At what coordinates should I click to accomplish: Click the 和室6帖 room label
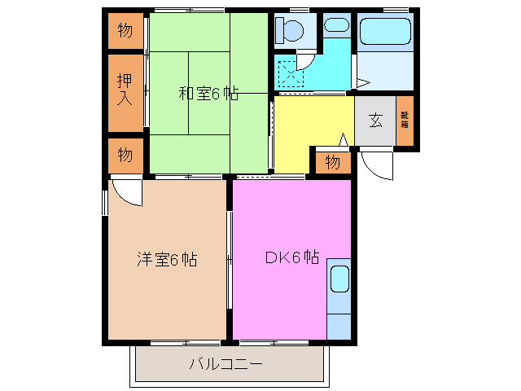pyautogui.click(x=208, y=93)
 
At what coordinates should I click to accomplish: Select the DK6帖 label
pyautogui.click(x=291, y=258)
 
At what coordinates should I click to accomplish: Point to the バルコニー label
pyautogui.click(x=225, y=364)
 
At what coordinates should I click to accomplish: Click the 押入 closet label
pyautogui.click(x=125, y=90)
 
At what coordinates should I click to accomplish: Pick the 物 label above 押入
pyautogui.click(x=125, y=32)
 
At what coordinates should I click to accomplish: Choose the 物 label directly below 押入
pyautogui.click(x=125, y=154)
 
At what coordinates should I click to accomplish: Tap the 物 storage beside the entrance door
pyautogui.click(x=332, y=162)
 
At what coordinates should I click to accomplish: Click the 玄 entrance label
pyautogui.click(x=375, y=120)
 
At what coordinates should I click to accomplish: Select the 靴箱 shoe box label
pyautogui.click(x=405, y=120)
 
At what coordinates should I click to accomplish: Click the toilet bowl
pyautogui.click(x=289, y=31)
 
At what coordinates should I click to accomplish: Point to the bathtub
pyautogui.click(x=385, y=31)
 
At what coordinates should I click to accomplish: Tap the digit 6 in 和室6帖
pyautogui.click(x=217, y=93)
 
